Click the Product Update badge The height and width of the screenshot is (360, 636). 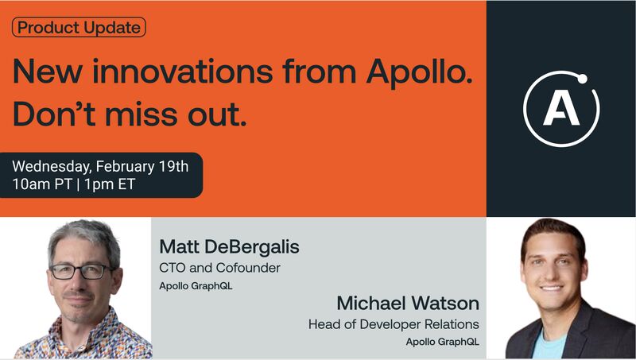79,27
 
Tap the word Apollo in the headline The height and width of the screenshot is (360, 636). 420,72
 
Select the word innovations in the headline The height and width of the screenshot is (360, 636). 183,71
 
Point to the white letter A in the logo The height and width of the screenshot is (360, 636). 561,109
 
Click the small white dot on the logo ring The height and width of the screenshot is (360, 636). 582,79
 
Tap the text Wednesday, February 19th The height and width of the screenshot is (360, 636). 100,166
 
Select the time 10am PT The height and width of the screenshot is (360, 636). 42,184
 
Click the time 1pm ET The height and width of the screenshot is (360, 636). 110,184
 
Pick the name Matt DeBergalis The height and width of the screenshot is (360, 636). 229,247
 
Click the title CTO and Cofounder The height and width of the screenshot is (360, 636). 220,268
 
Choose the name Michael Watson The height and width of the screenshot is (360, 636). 408,304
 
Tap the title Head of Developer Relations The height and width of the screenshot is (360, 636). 394,324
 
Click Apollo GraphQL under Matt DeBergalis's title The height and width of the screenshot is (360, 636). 196,286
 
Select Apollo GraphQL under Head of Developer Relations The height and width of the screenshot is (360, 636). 443,342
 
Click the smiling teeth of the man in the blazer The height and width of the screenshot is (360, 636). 552,288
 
